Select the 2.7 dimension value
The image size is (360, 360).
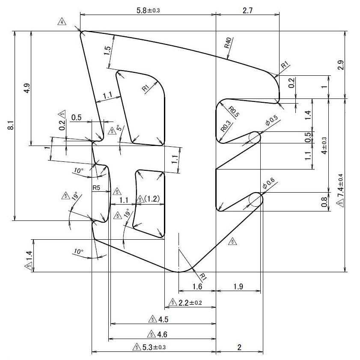coord(248,10)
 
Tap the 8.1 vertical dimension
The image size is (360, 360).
coord(11,126)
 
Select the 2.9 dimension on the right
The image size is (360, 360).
coord(341,65)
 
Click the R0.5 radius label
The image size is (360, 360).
coord(234,110)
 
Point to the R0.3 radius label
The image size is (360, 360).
coord(226,126)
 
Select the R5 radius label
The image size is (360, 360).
coord(96,187)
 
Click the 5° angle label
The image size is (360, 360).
coord(119,128)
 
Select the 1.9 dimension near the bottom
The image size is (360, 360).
coord(238,286)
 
